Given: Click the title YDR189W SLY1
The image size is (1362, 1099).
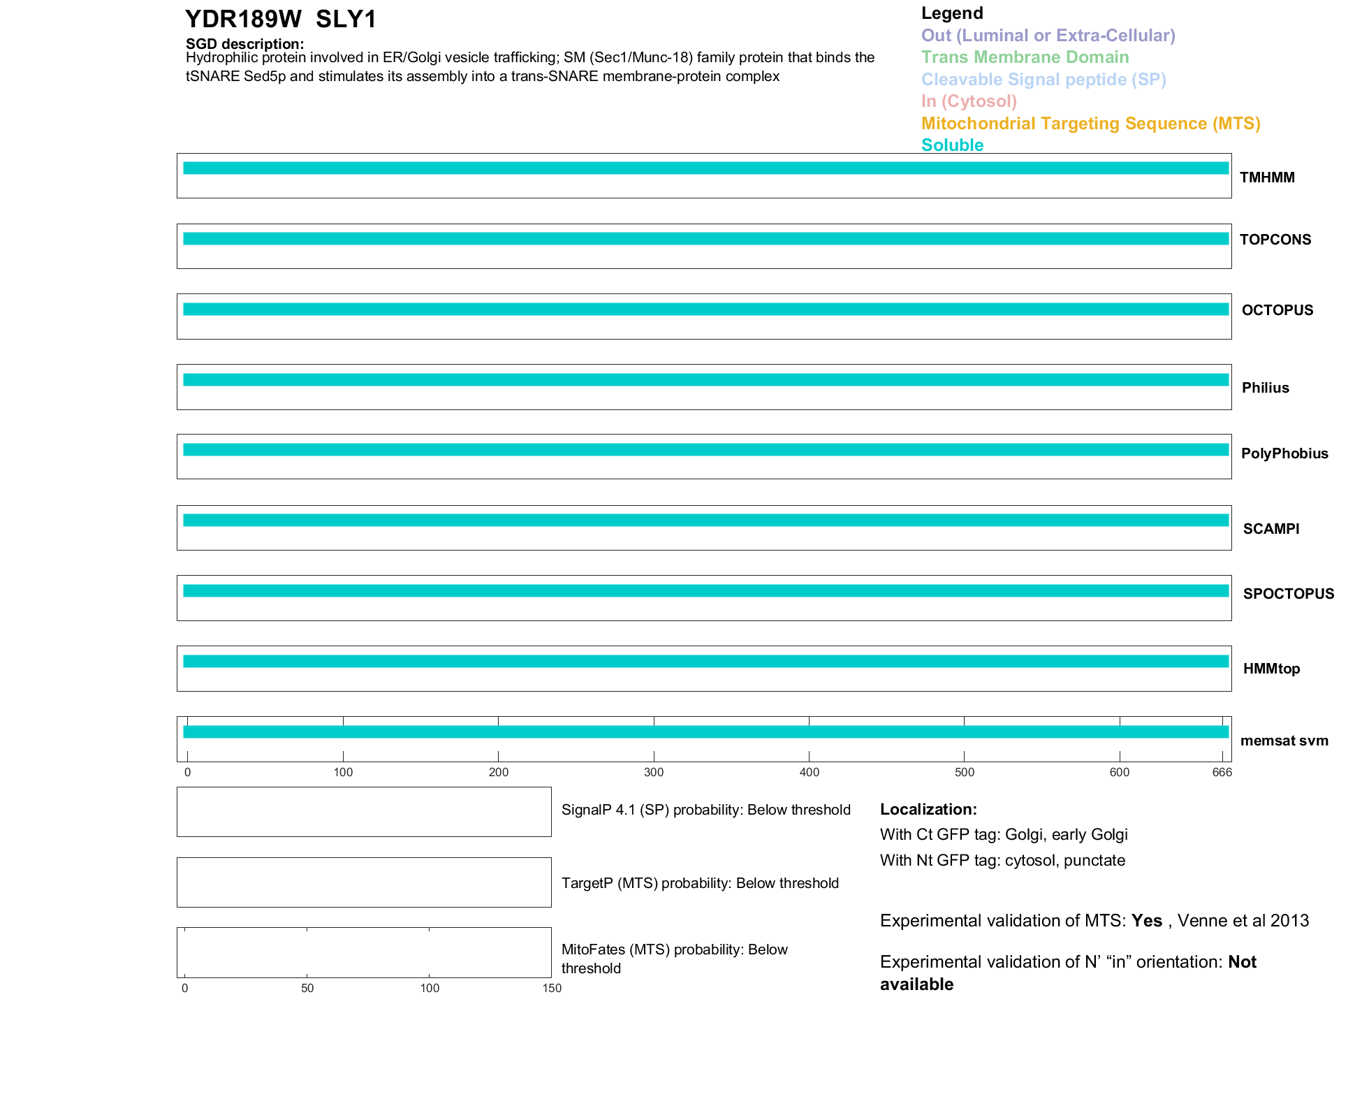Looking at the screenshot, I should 281,20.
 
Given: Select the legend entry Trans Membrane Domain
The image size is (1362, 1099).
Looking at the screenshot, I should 1025,57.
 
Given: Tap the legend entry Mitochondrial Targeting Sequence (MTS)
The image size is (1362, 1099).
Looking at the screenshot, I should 1090,124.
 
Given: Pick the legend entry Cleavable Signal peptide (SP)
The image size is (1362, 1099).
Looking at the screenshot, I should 1044,80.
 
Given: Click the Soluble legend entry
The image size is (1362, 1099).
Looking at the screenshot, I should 952,145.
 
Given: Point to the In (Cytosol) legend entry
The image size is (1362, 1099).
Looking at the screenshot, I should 969,101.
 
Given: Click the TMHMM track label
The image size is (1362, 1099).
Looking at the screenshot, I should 1267,177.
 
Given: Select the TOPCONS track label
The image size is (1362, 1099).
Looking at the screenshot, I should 1275,240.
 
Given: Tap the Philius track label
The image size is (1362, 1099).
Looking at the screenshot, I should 1265,388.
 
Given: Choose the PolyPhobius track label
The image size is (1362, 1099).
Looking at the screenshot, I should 1284,453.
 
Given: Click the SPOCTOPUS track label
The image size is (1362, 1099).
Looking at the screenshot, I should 1288,594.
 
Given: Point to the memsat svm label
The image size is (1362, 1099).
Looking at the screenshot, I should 1284,741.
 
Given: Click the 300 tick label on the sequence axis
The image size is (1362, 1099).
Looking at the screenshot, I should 654,773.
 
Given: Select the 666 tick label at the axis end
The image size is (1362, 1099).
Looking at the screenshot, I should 1222,773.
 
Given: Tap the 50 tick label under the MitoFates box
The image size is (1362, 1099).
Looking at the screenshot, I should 307,988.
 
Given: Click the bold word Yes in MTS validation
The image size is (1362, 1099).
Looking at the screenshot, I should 1146,921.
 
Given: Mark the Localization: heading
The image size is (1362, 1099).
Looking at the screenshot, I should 928,810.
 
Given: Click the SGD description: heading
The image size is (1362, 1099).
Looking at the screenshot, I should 244,44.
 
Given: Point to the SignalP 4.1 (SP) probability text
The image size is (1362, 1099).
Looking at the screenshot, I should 705,810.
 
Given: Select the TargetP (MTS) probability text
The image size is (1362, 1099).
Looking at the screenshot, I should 700,883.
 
